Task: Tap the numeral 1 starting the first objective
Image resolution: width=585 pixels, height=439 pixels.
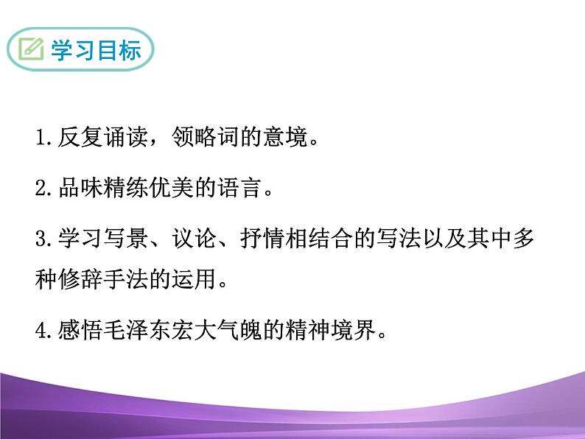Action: click(40, 138)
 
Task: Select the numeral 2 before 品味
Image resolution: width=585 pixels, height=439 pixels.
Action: click(40, 190)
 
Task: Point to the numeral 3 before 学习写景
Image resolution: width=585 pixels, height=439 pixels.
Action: click(40, 240)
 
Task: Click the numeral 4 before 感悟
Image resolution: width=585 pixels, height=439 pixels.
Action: click(40, 332)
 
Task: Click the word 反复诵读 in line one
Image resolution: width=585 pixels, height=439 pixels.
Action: click(98, 138)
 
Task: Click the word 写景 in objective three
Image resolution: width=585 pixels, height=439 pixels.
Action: click(119, 240)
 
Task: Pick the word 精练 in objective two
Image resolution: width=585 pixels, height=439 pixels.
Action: click(119, 190)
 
